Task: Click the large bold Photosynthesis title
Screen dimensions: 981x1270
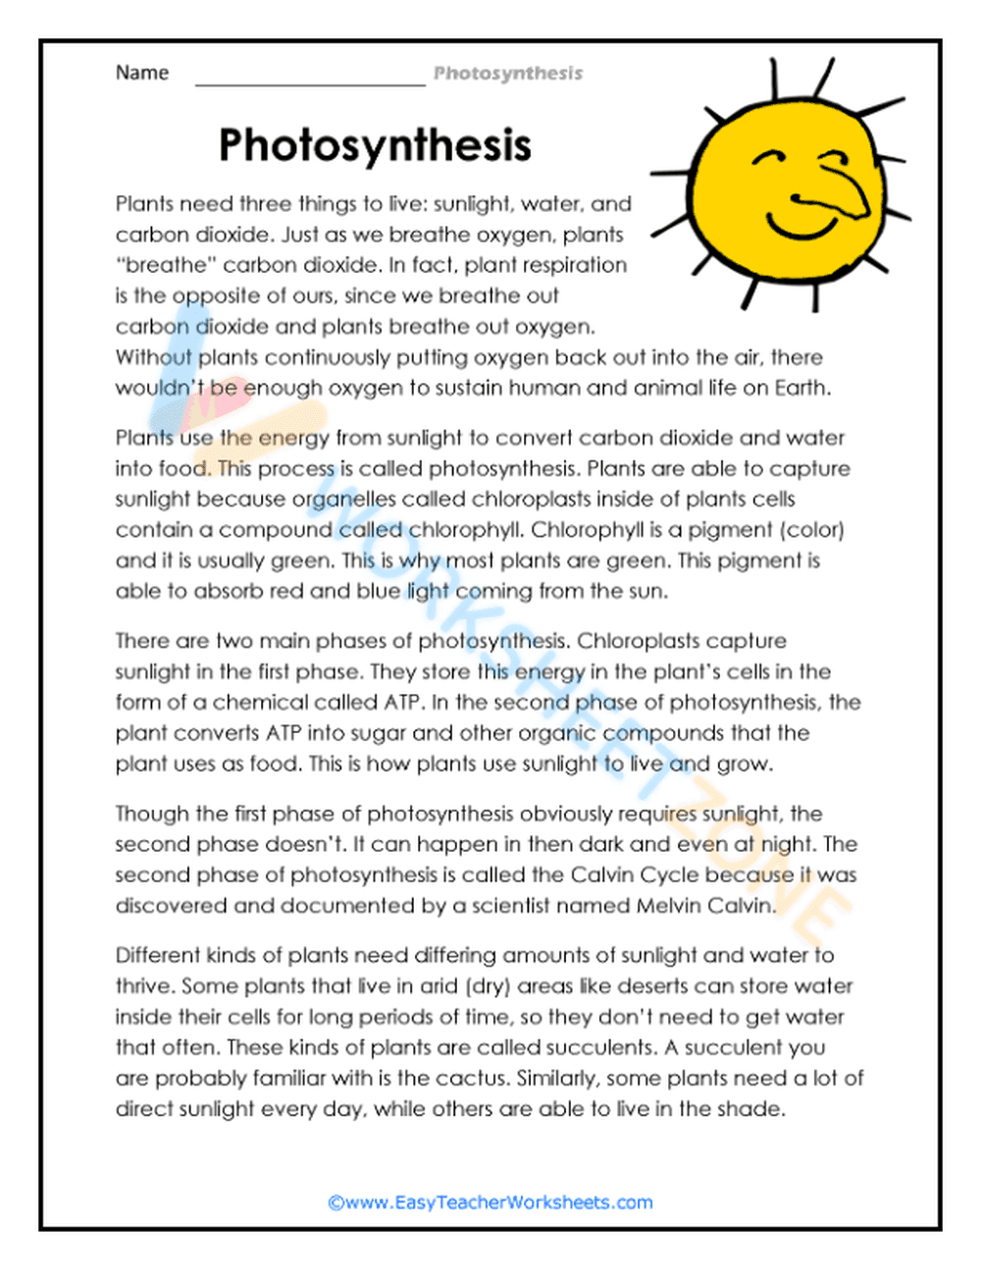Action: [375, 144]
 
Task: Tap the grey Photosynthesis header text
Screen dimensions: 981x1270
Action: [508, 73]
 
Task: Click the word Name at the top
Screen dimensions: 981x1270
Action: [142, 73]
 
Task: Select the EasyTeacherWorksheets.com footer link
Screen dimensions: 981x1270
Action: [490, 1202]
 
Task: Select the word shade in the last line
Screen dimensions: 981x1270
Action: [750, 1109]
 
